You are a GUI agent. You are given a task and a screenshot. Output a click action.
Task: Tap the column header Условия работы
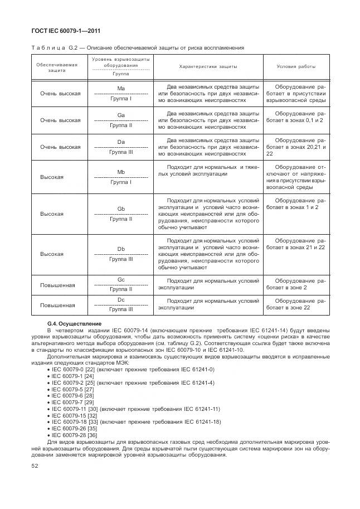click(296, 66)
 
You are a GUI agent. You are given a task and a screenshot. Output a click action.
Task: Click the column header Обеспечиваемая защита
click(56, 67)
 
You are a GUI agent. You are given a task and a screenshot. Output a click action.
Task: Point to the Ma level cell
click(120, 94)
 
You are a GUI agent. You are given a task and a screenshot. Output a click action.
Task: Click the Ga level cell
click(120, 120)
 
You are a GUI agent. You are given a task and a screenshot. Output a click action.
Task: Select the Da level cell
click(120, 147)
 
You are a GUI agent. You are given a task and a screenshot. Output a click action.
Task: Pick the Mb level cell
click(120, 177)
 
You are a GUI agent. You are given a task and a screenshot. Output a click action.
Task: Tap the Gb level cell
click(120, 214)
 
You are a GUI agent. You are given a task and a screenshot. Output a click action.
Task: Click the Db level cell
click(120, 254)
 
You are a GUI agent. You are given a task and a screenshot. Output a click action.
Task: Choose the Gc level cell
click(120, 284)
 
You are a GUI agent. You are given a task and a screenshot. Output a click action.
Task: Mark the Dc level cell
click(120, 304)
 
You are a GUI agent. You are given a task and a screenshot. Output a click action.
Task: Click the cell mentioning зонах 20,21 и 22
click(296, 147)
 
